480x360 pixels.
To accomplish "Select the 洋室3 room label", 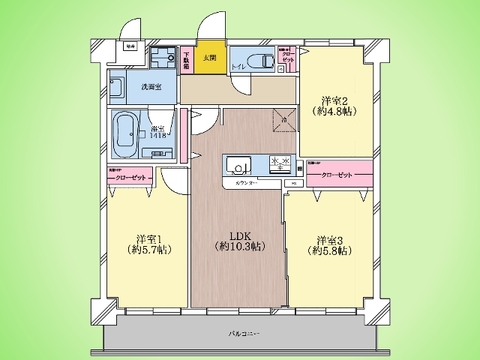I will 331,240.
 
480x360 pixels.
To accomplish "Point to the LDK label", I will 240,236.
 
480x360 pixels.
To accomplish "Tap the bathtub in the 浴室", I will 127,130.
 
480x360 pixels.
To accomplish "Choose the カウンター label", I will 247,184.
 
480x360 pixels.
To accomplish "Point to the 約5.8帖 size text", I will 331,253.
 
